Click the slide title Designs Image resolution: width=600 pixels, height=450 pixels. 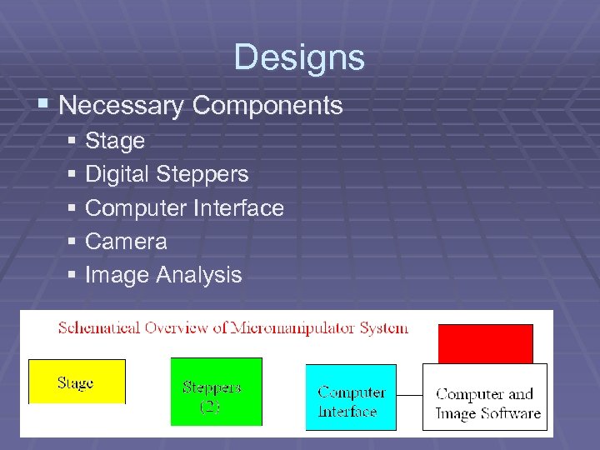click(299, 57)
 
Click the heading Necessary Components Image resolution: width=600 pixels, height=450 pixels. click(201, 106)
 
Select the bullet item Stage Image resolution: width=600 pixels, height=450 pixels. click(115, 141)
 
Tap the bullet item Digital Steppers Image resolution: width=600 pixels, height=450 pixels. click(167, 174)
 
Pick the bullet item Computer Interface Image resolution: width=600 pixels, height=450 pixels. click(184, 207)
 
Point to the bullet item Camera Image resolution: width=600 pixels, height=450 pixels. click(126, 242)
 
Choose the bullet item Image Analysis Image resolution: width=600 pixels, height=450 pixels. click(163, 275)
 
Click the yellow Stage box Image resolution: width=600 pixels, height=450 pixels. click(77, 382)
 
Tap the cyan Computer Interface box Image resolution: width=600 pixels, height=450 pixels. click(351, 397)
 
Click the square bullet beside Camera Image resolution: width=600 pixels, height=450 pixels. click(72, 242)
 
